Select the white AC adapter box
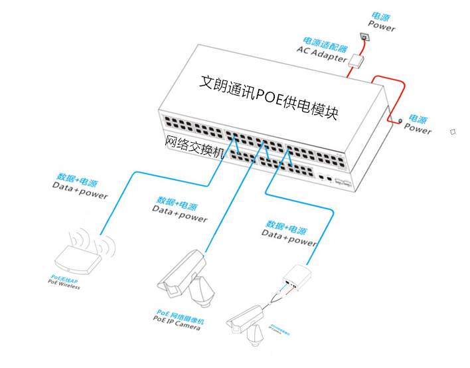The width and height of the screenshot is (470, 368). [358, 60]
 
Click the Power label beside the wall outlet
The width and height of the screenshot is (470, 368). [381, 27]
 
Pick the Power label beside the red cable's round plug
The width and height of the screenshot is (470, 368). [418, 128]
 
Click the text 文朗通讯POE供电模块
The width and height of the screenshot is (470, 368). [269, 96]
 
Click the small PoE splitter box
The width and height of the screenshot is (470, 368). [299, 275]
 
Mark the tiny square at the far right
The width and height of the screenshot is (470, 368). [453, 132]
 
